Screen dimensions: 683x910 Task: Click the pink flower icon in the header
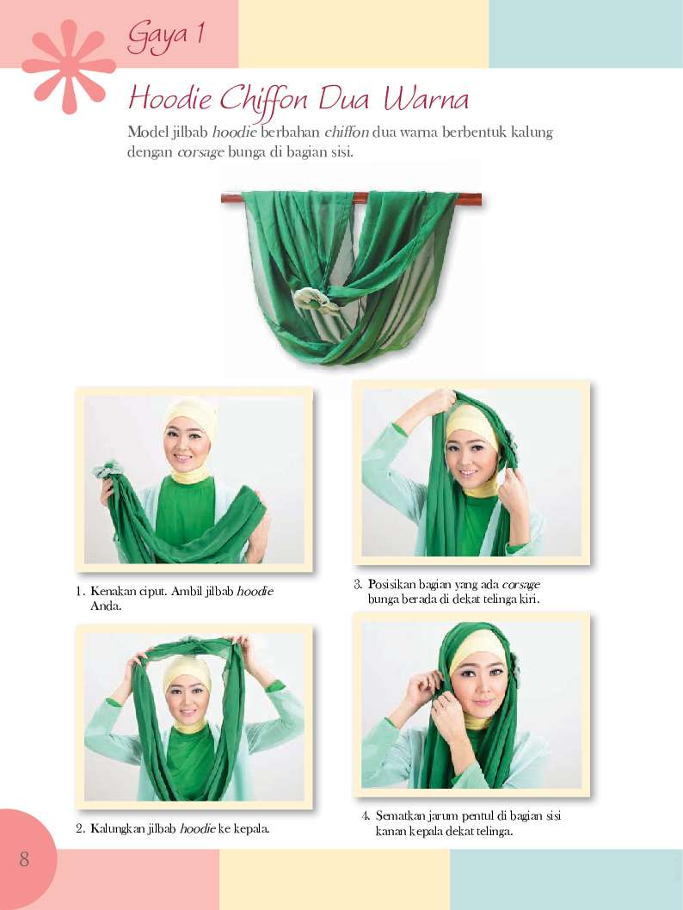point(69,66)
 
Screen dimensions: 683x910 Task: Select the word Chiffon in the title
point(263,100)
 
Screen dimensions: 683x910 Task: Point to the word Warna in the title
point(425,99)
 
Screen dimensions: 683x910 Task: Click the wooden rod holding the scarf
point(351,199)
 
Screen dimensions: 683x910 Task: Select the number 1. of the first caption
point(80,592)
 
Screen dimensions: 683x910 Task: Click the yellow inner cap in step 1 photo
point(192,414)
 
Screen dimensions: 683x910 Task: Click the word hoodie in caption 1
point(255,592)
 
